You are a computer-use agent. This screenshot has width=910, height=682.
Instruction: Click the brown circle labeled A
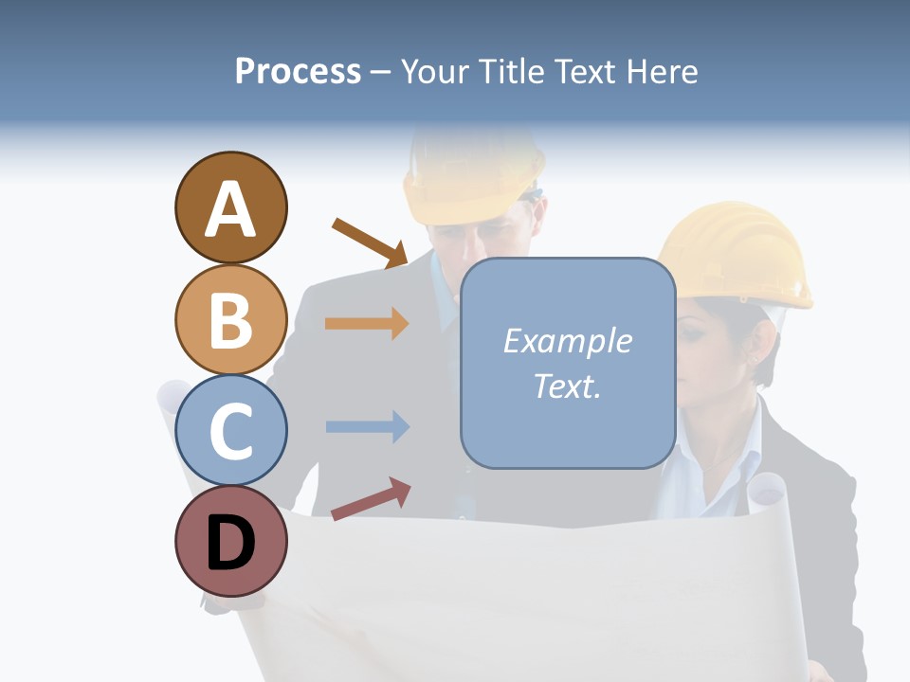point(230,207)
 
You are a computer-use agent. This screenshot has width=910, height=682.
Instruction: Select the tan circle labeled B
point(230,319)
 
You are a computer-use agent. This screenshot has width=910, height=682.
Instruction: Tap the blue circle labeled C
point(230,430)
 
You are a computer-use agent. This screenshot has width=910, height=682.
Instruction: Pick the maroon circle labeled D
point(230,541)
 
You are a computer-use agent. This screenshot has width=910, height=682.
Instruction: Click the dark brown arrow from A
point(369,242)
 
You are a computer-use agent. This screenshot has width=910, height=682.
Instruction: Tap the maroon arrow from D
point(371,498)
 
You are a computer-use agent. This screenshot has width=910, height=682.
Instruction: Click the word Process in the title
point(298,71)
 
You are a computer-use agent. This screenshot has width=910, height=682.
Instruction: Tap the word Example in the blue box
point(567,341)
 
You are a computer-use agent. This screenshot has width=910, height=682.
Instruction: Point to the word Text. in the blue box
point(567,386)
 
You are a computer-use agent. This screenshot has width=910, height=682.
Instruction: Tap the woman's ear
point(758,347)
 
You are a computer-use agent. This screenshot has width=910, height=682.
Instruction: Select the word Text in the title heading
point(581,71)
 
